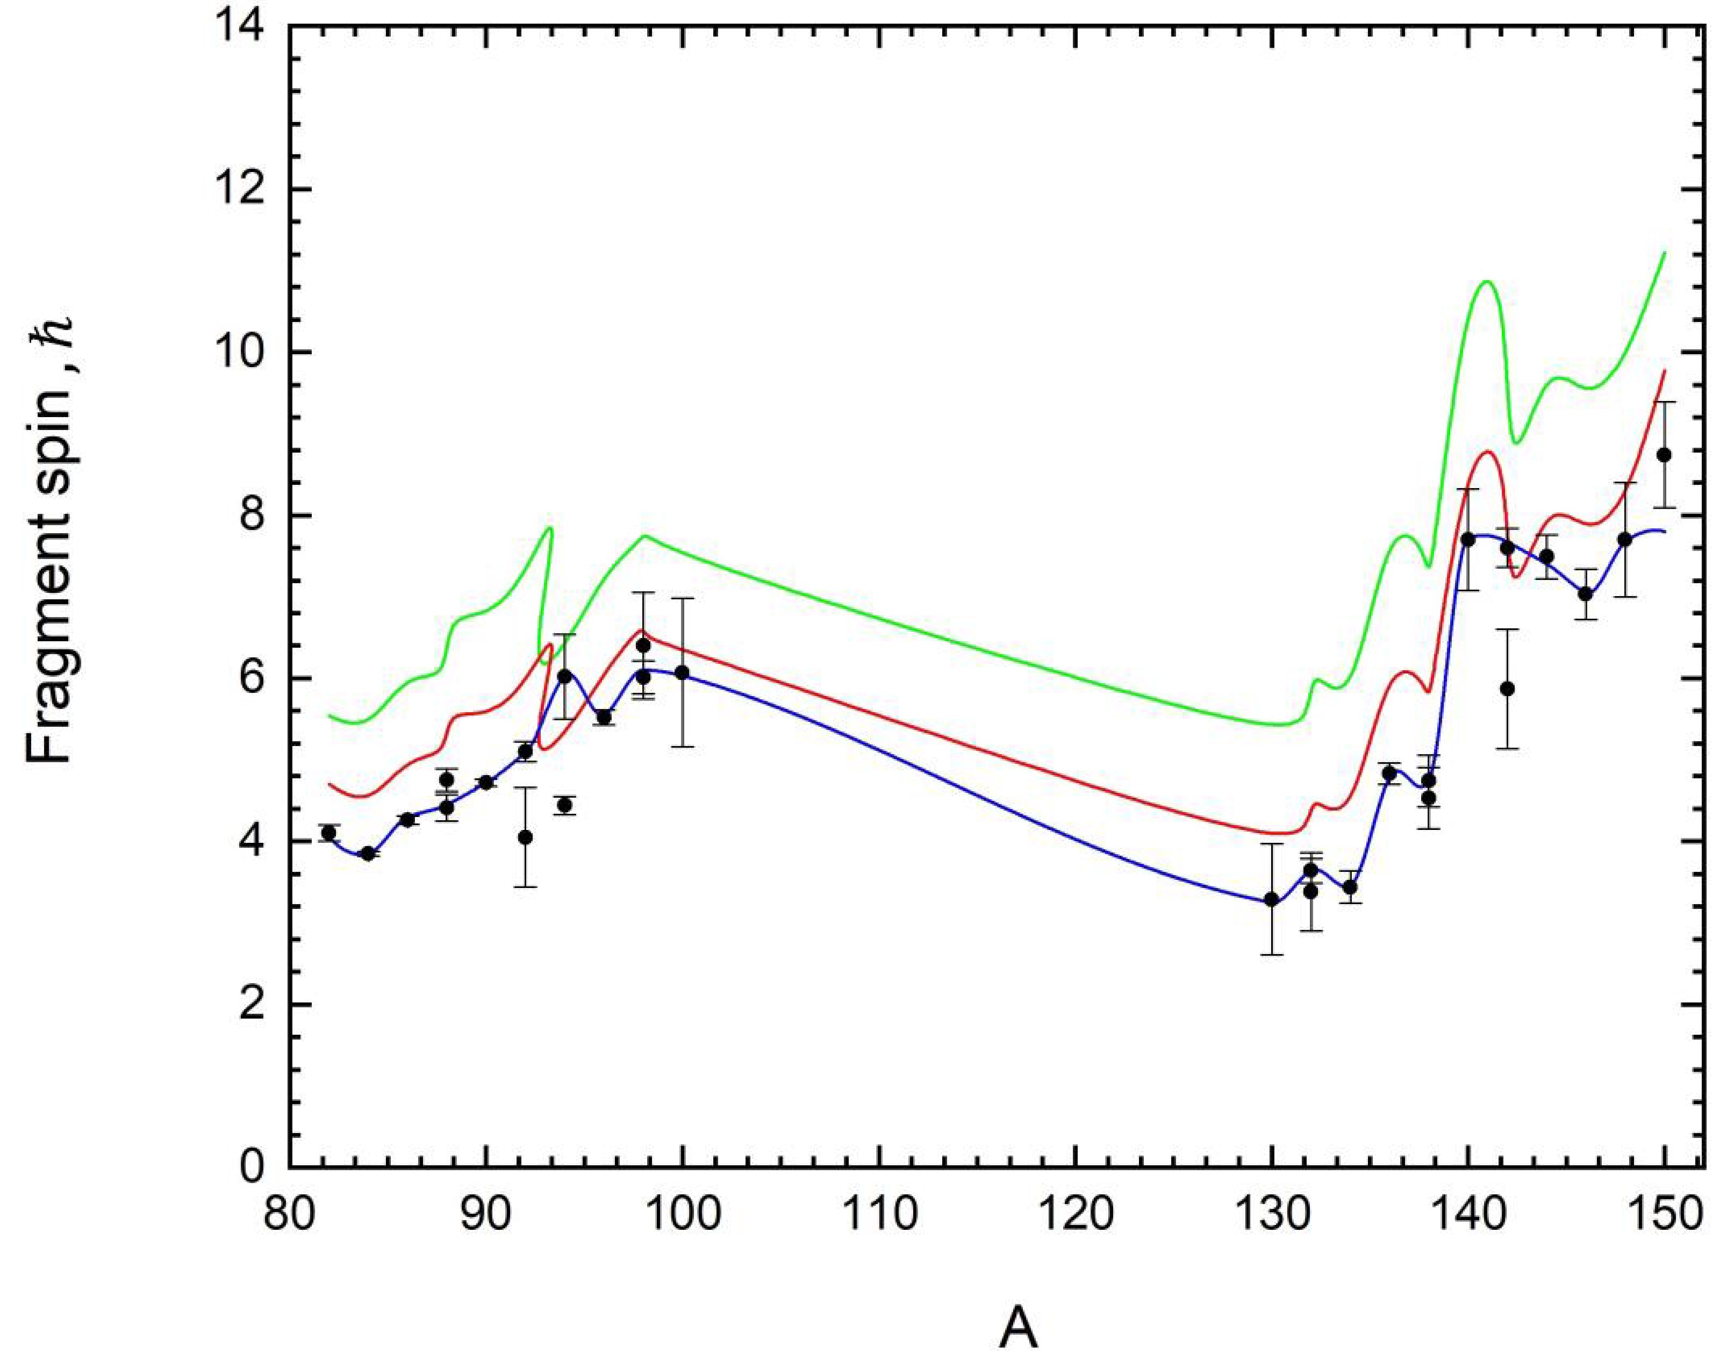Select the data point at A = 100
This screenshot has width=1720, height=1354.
pos(682,673)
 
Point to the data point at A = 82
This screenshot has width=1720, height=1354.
pos(328,833)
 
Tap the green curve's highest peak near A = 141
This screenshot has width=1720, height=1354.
pos(1486,282)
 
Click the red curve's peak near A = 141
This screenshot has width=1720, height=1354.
pos(1487,452)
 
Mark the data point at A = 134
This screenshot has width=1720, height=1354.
pos(1350,887)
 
